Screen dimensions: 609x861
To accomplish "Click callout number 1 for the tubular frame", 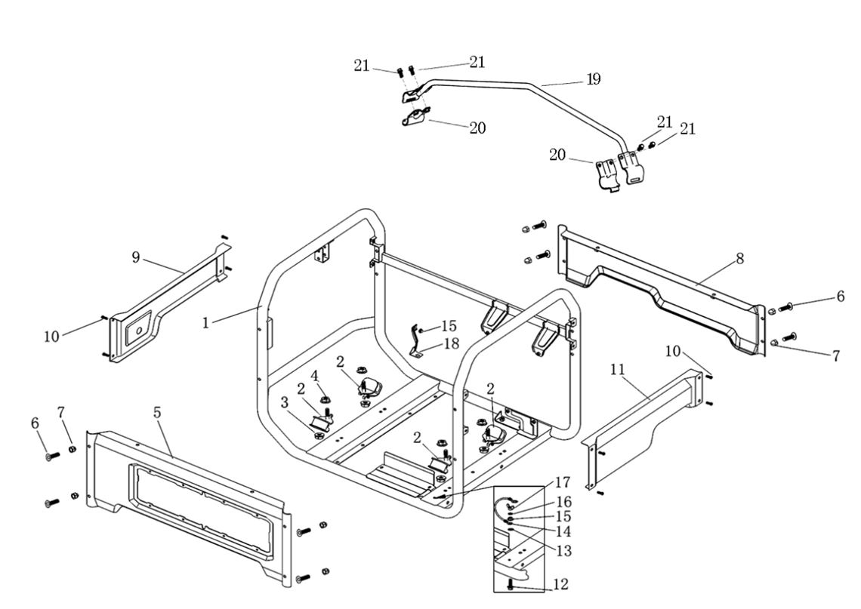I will click(x=205, y=322).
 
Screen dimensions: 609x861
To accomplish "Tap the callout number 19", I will click(x=593, y=79).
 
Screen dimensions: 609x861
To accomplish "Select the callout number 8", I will click(x=740, y=258).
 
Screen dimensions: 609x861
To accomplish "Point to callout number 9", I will click(x=136, y=257).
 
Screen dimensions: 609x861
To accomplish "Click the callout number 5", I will click(x=157, y=413).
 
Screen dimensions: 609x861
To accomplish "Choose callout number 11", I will click(x=618, y=369).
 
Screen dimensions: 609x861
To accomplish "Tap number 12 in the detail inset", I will click(x=560, y=585).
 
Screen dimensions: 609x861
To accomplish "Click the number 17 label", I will click(x=563, y=482).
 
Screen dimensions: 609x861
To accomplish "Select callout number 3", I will click(x=285, y=403).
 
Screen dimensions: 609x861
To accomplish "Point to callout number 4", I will click(x=314, y=375).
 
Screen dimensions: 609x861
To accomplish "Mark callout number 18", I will click(x=451, y=343).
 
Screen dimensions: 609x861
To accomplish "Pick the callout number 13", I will click(x=563, y=551).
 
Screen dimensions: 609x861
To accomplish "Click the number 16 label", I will click(x=563, y=501).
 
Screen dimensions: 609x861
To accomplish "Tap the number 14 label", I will click(x=563, y=532).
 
